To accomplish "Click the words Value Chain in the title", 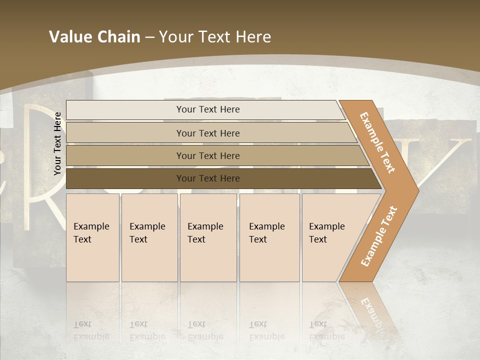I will click(94, 37).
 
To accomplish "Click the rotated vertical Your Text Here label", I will click(57, 143).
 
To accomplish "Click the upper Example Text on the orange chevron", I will click(377, 142).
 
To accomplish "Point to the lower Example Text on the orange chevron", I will click(378, 236).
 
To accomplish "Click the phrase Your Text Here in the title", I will click(215, 37).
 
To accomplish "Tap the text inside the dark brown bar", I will click(208, 178).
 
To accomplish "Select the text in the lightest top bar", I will click(208, 109).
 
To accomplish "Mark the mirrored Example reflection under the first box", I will click(91, 336).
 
